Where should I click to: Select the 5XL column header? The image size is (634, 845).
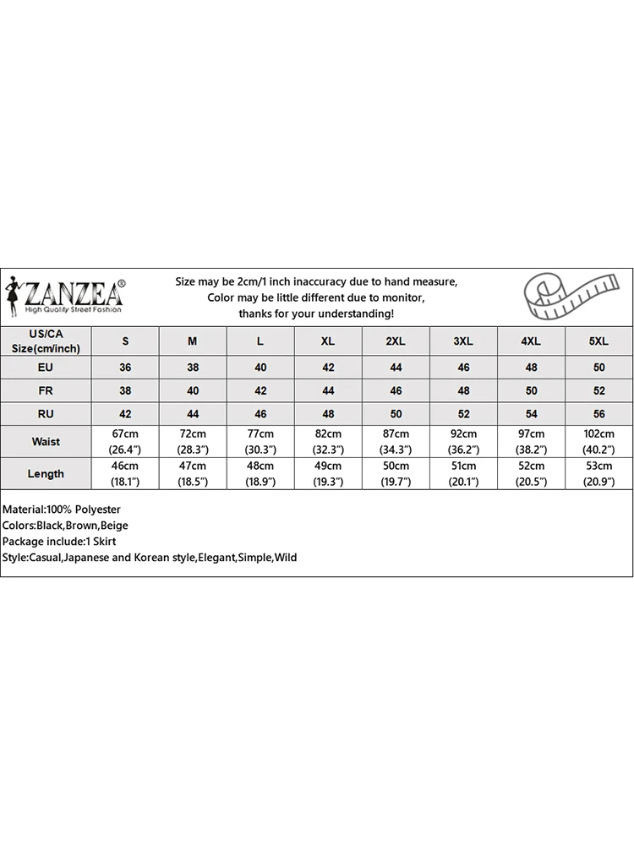598,341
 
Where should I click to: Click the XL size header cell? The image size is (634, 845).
328,341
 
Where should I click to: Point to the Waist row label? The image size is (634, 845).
46,442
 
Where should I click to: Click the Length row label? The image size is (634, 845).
46,474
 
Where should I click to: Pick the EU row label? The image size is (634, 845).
46,368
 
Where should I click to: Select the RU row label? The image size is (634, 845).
46,414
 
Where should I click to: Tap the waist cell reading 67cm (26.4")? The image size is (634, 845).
125,442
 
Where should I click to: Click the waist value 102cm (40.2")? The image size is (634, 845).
598,442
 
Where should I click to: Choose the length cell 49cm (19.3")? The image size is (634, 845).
328,474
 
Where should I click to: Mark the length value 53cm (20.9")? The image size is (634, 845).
598,474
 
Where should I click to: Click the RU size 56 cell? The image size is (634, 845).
598,414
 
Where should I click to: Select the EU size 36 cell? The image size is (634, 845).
125,368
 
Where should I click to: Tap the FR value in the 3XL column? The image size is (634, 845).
463,391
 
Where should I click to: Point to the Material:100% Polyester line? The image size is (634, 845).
62,510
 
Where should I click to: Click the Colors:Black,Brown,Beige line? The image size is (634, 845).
65,526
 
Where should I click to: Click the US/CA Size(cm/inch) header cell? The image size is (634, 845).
46,341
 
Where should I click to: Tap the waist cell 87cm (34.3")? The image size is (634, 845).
396,442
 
